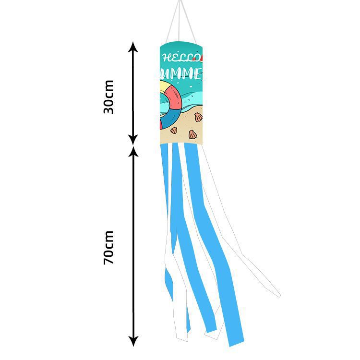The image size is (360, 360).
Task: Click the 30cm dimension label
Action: (x=109, y=96)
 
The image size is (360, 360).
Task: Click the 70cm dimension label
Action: (x=109, y=248)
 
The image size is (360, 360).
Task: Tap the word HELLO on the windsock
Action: (x=181, y=58)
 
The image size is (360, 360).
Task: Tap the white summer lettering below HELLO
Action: (x=182, y=73)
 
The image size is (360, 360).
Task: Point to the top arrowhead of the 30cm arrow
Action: (x=133, y=47)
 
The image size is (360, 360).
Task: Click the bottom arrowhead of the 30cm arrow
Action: (x=133, y=140)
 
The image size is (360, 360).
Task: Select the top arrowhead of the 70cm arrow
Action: (x=133, y=152)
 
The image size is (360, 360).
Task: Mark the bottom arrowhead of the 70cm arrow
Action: (x=133, y=341)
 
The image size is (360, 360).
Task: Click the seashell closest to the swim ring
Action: (x=174, y=130)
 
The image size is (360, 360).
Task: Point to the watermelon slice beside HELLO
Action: (x=203, y=58)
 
